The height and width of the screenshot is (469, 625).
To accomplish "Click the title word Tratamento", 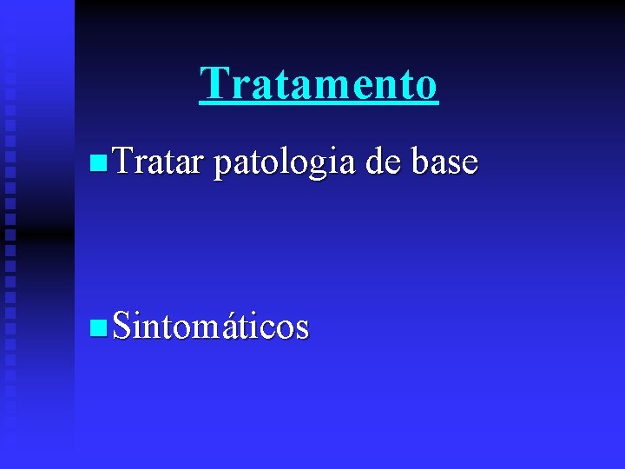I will coord(319,84).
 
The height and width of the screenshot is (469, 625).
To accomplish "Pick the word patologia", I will coord(284,162).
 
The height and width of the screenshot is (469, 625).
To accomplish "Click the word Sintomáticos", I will coord(210,326).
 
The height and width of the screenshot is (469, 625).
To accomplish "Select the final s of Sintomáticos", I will coord(301,329).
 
